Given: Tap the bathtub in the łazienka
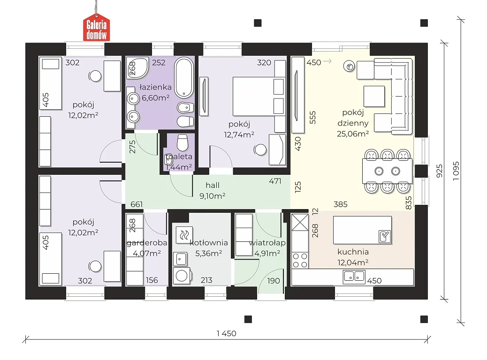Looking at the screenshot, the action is click(184, 78).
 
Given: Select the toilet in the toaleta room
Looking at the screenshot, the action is click(183, 142).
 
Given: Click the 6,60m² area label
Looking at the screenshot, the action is click(156, 98).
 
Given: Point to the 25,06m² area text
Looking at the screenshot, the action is click(353, 134).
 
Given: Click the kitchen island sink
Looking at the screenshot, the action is click(385, 236).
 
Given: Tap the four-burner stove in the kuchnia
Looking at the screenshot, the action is click(300, 260).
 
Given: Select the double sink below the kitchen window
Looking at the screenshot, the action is click(354, 277).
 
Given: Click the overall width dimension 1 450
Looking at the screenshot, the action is click(227, 334).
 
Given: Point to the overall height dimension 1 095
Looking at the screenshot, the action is click(456, 171).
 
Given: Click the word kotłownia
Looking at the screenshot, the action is click(209, 243).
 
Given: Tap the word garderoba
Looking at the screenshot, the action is click(147, 243).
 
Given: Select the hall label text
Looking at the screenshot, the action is click(213, 185).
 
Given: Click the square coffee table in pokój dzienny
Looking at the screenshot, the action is click(374, 97).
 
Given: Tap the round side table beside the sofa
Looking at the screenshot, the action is click(350, 66).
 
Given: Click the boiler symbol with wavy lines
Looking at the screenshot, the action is click(184, 235).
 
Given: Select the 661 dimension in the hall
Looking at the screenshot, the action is click(137, 204).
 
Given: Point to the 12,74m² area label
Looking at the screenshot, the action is click(239, 135).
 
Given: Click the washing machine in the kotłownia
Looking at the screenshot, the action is click(181, 276).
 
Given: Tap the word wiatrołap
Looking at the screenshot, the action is click(267, 243).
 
